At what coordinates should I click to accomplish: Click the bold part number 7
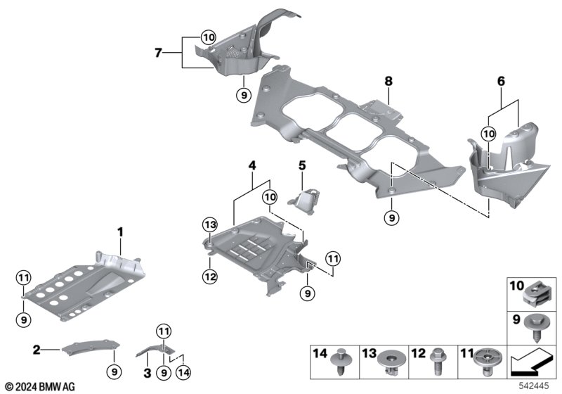point(159,53)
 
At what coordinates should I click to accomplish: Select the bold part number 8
point(388,82)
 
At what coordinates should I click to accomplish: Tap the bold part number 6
point(501,82)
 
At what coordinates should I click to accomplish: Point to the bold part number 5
point(302,166)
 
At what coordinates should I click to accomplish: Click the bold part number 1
point(120,232)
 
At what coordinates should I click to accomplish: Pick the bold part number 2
point(37,350)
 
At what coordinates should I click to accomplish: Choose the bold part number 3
point(148,373)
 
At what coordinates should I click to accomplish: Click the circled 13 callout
point(209,225)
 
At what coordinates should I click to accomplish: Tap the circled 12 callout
point(209,277)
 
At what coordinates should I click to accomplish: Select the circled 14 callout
point(183,373)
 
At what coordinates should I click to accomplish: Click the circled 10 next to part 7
point(209,37)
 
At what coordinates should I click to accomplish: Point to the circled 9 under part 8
point(392,218)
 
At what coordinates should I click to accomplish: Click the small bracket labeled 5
point(305,201)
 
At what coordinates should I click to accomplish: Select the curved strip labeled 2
point(91,348)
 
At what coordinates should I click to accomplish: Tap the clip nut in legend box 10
point(535,297)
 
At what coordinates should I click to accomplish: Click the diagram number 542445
point(534,386)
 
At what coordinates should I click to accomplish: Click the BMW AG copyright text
point(40,387)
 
